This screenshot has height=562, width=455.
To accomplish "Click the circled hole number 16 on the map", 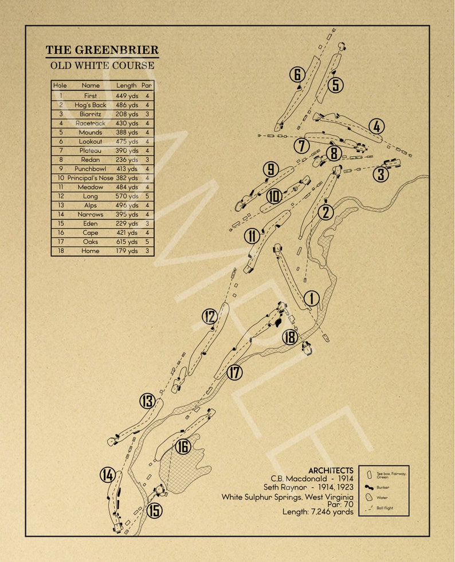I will coord(183,446).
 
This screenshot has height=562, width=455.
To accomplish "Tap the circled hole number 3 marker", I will coord(381,173).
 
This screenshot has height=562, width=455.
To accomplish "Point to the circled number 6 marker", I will coord(297,75).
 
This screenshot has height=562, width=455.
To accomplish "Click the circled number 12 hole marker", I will coord(210,316).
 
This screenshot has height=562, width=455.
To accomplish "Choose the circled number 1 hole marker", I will coord(311,299).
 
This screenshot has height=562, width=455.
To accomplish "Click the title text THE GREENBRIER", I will coord(102,50).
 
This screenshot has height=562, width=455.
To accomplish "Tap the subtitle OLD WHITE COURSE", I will coord(102,65).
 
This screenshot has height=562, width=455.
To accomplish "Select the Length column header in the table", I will coord(127,86).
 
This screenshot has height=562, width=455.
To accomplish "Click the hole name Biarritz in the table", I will coord(91,114).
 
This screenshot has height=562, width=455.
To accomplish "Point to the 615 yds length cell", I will coord(127,242).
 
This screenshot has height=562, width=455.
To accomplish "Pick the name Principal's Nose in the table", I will coord(91,178).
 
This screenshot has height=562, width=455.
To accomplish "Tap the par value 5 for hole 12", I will coord(147,196).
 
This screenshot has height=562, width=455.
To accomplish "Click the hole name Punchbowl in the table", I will coord(91,169).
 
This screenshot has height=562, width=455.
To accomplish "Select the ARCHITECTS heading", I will coord(331,470).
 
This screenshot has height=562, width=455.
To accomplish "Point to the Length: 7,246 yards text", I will coord(318,511).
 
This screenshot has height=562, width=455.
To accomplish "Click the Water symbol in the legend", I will coord(370,497).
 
